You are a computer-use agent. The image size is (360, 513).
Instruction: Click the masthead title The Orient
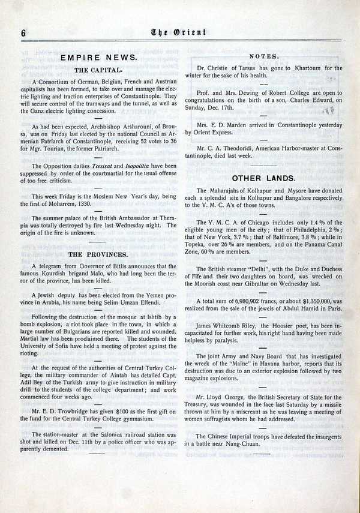(180, 34)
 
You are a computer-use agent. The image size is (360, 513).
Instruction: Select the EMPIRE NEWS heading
(100, 59)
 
